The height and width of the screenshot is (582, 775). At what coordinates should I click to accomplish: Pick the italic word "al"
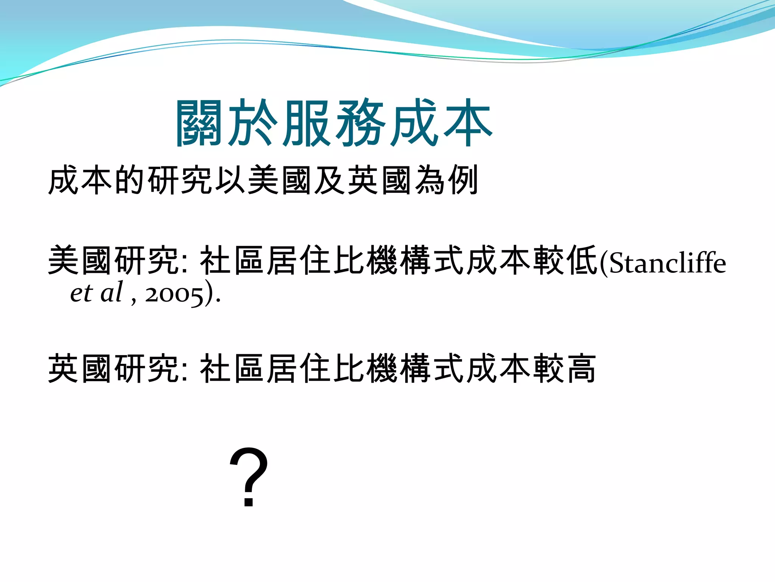click(x=112, y=292)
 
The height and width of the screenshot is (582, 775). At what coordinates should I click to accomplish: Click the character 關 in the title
click(x=199, y=124)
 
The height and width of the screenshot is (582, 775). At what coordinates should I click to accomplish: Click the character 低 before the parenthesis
click(x=583, y=261)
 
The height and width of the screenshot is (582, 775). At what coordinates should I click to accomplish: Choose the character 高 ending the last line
click(x=580, y=369)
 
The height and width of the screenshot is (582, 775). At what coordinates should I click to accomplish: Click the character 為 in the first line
click(x=430, y=180)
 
